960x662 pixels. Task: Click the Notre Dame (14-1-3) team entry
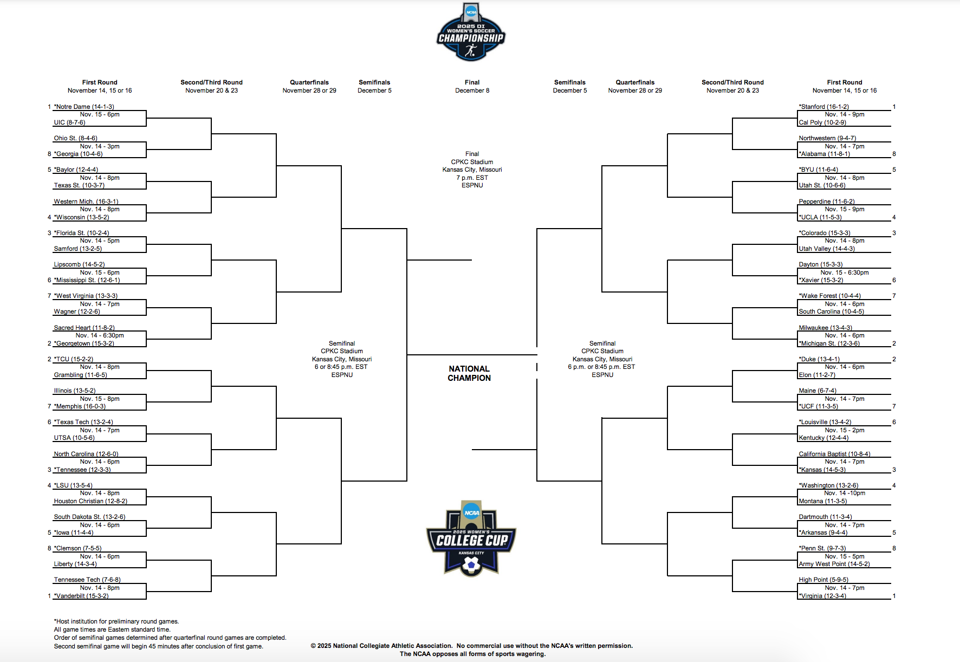click(84, 107)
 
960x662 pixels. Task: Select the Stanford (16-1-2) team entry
click(823, 107)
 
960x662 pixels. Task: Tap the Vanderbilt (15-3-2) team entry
click(81, 596)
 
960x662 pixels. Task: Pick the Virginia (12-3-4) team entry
click(822, 596)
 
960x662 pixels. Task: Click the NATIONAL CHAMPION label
click(469, 373)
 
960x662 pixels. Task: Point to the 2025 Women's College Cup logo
click(471, 538)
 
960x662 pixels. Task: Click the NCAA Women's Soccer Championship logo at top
click(471, 32)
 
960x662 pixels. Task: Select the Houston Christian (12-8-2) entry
click(90, 501)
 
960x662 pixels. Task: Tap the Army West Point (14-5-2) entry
click(834, 564)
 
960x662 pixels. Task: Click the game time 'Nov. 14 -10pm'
click(845, 493)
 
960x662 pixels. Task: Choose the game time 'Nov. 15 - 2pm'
click(845, 430)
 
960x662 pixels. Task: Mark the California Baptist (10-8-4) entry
click(834, 454)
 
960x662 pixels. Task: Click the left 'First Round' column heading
click(100, 82)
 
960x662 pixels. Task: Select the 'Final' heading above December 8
click(472, 82)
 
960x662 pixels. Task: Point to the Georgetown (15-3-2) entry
click(84, 343)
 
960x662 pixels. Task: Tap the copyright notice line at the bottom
click(472, 646)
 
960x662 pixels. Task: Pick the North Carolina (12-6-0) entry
click(86, 454)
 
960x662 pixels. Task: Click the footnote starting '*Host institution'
click(116, 621)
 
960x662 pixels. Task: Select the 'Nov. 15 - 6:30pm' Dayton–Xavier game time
click(845, 272)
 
